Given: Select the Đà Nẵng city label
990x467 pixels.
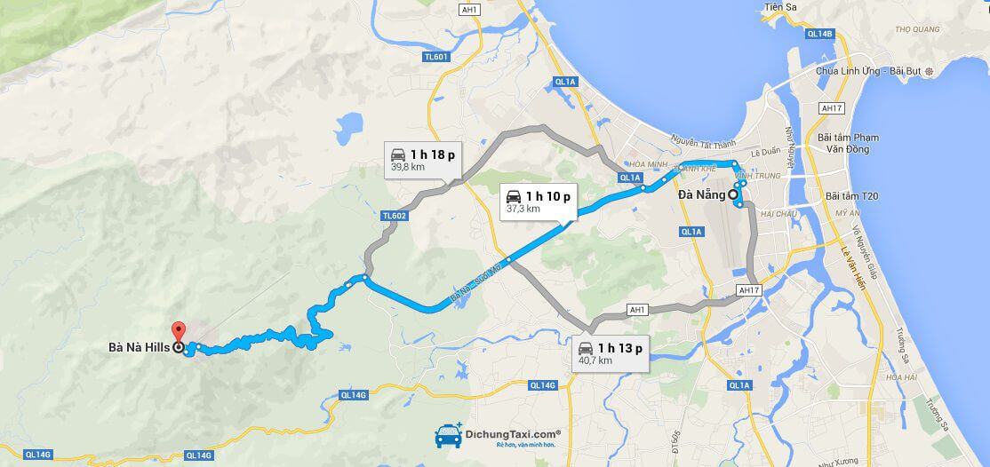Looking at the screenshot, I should coord(701,194).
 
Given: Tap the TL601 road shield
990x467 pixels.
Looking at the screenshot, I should coord(436,58).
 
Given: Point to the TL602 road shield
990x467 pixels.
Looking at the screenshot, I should coord(394,216).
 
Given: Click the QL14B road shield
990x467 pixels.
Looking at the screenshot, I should coord(819,34).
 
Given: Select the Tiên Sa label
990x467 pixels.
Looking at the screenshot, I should coord(778,8).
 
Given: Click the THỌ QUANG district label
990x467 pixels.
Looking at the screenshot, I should coord(917,29).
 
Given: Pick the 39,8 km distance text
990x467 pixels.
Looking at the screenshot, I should coord(408,166).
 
